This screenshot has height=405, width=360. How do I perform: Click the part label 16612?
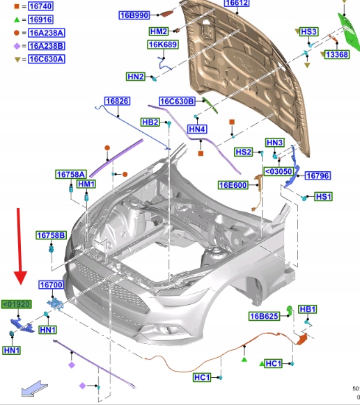click(x=237, y=3)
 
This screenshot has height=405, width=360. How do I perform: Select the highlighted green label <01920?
click(x=17, y=304)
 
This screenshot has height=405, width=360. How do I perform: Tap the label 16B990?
click(x=134, y=15)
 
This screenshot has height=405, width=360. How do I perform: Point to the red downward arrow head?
click(x=20, y=278)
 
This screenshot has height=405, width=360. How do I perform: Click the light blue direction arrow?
click(x=34, y=388)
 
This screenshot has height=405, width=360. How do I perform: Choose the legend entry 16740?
click(x=40, y=6)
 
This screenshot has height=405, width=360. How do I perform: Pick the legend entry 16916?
click(x=40, y=19)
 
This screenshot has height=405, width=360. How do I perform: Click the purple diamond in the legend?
click(x=17, y=46)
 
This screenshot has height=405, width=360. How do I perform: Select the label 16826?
click(x=117, y=101)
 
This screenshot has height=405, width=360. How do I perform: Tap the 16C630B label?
click(x=177, y=102)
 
